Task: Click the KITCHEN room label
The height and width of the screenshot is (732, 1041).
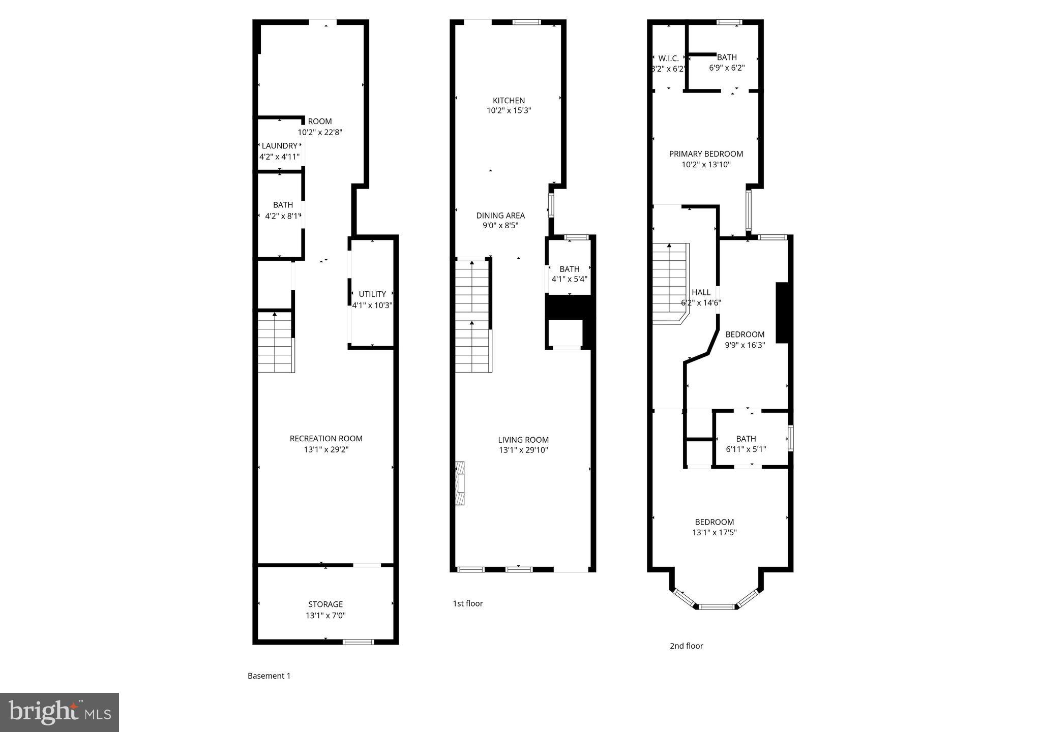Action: [509, 101]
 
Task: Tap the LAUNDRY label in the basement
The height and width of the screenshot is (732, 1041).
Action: [279, 146]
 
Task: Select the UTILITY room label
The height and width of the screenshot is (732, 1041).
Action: [372, 294]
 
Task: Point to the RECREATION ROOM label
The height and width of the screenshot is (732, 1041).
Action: [326, 439]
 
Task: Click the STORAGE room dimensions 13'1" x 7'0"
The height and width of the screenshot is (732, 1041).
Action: [325, 616]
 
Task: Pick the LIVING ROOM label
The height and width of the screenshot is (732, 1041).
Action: [523, 440]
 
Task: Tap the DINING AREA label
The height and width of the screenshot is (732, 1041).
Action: [500, 216]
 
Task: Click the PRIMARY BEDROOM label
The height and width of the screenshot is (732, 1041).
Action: [706, 154]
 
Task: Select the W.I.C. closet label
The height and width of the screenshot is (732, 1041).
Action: [668, 58]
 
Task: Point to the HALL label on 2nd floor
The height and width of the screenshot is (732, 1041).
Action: [701, 293]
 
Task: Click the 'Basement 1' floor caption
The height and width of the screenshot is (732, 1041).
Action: [269, 676]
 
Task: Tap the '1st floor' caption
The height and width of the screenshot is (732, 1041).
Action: [468, 604]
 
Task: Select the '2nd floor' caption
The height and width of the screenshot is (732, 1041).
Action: [686, 646]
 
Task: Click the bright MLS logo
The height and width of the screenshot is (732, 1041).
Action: [60, 712]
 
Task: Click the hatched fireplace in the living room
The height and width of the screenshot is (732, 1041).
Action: [460, 483]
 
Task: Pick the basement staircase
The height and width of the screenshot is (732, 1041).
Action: [275, 343]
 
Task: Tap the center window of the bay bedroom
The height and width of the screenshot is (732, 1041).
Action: [717, 606]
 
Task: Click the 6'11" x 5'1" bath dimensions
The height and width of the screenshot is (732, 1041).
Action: [746, 449]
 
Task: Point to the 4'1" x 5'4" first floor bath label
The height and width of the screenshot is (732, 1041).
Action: [569, 279]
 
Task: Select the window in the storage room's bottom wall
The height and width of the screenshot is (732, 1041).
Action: [358, 642]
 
